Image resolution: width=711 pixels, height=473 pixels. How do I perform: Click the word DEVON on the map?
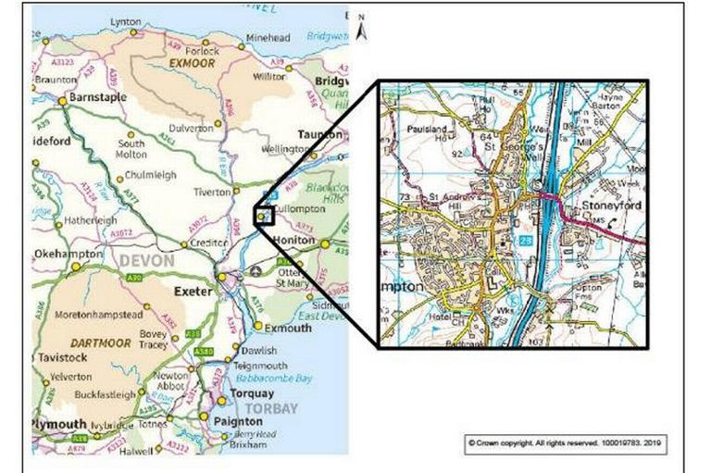tap(146, 262)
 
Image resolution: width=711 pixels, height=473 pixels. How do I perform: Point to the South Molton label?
tap(131, 150)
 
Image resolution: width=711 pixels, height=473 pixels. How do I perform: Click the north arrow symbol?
tap(362, 29)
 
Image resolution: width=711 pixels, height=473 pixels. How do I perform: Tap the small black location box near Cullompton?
tap(265, 215)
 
